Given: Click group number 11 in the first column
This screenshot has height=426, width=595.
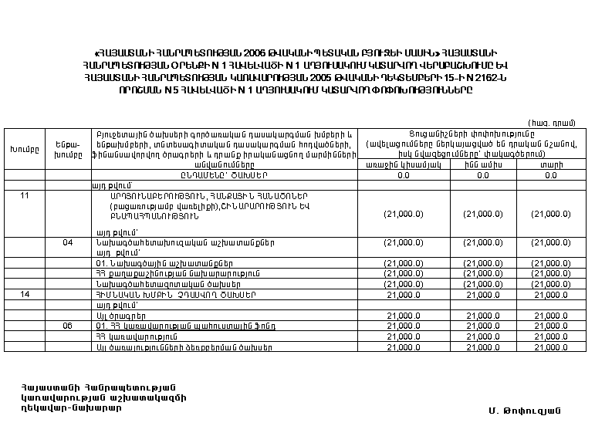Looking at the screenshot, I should [x=25, y=194].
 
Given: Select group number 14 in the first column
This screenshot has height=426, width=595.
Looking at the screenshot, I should [x=25, y=294].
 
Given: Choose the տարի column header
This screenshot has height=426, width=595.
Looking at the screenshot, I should [x=550, y=164].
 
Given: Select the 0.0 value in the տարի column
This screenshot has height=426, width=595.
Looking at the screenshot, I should [x=550, y=175].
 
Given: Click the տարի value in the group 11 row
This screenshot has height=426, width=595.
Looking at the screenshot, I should [x=550, y=215].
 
